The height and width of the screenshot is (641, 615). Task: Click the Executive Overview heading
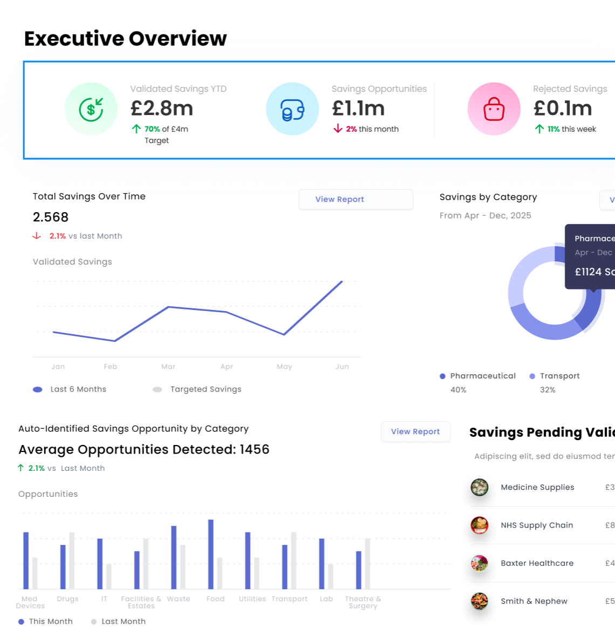click(125, 39)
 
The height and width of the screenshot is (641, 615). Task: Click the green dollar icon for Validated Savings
click(91, 109)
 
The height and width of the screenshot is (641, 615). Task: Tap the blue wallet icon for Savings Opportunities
click(292, 109)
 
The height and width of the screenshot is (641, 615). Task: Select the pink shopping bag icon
click(494, 109)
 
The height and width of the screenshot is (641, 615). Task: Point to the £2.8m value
click(162, 109)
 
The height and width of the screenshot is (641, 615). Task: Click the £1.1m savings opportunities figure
click(358, 109)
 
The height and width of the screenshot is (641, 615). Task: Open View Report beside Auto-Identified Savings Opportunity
click(415, 431)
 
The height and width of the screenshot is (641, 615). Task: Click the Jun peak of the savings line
click(342, 281)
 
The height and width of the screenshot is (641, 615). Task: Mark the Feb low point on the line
click(114, 341)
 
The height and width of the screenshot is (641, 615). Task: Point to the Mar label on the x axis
click(168, 367)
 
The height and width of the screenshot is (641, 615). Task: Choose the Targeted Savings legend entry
click(206, 389)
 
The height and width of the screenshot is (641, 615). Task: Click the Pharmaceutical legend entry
click(482, 376)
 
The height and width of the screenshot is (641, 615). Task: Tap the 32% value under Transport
click(548, 390)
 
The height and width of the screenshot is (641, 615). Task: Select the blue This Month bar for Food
click(211, 554)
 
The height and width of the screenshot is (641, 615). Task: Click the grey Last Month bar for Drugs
click(72, 561)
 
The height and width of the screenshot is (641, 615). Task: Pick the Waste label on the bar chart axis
click(179, 599)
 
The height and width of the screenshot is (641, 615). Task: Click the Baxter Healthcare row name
click(537, 563)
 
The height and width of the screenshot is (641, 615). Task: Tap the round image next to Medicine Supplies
click(479, 487)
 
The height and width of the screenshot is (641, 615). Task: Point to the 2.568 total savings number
click(51, 217)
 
